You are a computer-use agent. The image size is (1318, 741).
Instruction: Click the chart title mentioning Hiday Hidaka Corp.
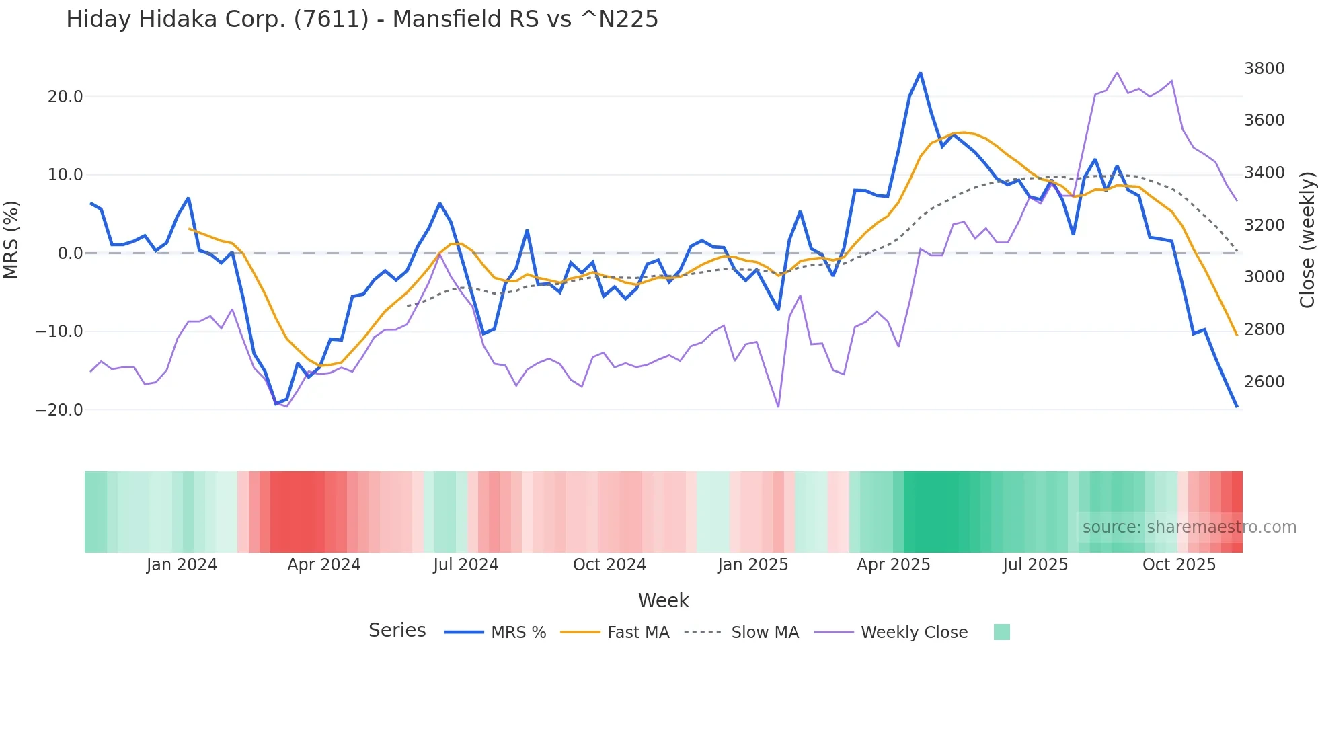(362, 19)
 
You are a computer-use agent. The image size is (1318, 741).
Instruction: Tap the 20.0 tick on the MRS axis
(65, 97)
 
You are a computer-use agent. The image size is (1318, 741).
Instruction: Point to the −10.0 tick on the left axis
(59, 331)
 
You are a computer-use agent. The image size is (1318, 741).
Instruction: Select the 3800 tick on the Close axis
(1264, 69)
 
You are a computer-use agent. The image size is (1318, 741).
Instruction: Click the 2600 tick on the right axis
(1264, 382)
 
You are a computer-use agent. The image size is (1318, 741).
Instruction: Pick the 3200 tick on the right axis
(1264, 225)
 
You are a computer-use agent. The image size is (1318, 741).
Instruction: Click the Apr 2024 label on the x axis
(323, 565)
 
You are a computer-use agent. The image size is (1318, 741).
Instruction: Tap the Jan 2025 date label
(752, 565)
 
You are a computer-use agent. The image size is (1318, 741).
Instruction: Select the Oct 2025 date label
(1179, 565)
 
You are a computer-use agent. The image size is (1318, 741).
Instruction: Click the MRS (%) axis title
(11, 239)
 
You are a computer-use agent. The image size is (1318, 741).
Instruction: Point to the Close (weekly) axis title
(1307, 240)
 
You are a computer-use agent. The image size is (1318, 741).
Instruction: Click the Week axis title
(663, 600)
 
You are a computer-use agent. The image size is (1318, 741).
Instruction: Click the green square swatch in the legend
(1001, 632)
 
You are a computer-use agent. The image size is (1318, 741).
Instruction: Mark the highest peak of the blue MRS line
(920, 73)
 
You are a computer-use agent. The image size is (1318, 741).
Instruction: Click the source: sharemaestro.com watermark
(1189, 527)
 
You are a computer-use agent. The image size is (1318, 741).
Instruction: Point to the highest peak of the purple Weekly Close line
(1117, 73)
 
